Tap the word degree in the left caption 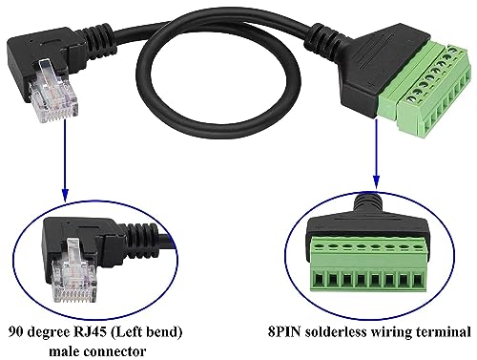(x=50, y=333)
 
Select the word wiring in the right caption (x=393, y=333)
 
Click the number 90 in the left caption (x=16, y=332)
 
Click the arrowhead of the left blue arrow (x=65, y=195)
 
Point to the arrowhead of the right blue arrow (x=377, y=182)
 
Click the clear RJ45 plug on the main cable (x=52, y=91)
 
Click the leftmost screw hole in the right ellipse (x=318, y=246)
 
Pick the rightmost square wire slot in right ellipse (x=418, y=282)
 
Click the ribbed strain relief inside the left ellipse (x=142, y=237)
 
